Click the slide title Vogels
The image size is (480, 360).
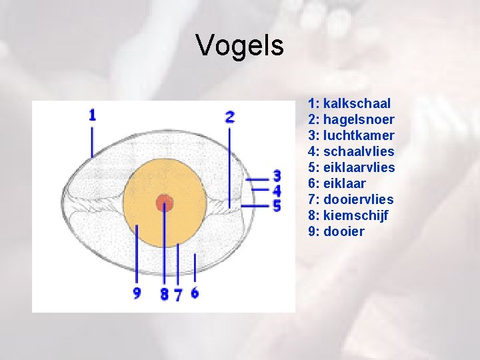coord(240,46)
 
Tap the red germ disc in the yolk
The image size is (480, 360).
coord(165,203)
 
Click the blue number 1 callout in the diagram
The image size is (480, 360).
coord(92,115)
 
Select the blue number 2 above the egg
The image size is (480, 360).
coord(230,117)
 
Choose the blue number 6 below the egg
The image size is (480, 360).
coord(195,293)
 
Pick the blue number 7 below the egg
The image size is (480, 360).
coord(177,295)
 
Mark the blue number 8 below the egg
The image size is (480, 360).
coord(164,294)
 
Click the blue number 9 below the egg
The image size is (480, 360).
coord(137,293)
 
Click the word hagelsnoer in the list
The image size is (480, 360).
coord(359,119)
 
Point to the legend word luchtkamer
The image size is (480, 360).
coord(359,135)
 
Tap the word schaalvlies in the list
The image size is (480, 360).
coord(359,151)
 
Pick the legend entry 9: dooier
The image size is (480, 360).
coord(337,231)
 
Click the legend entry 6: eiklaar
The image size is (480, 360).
coord(337,183)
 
